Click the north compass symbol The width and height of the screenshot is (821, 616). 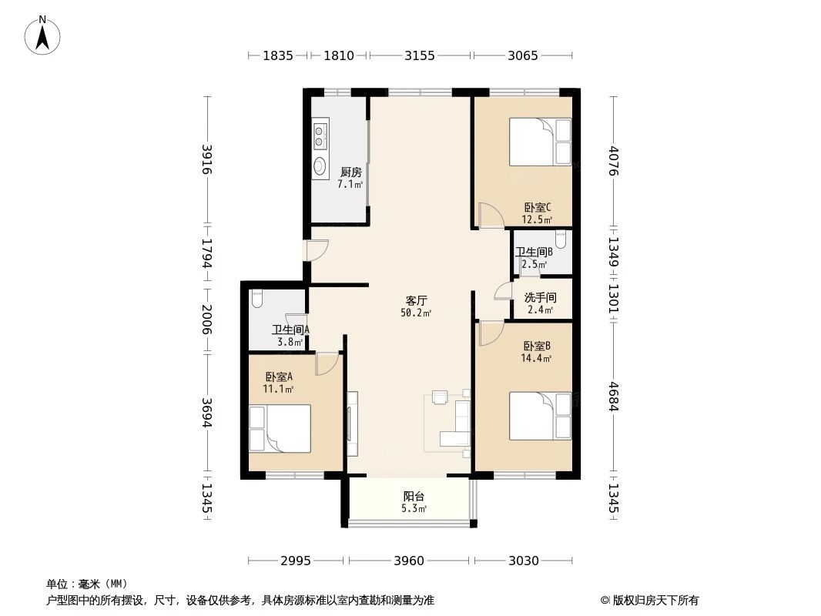point(44,34)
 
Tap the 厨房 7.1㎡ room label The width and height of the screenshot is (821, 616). point(350,179)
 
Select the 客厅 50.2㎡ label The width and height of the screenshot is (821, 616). point(417,306)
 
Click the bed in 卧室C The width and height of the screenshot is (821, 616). point(540,142)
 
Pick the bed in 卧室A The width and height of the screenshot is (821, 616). point(280,428)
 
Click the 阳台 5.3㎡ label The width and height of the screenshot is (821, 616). point(414,502)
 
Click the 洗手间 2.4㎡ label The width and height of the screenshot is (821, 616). point(540,303)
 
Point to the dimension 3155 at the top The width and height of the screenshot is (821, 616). point(420,55)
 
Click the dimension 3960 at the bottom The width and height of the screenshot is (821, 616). point(409,561)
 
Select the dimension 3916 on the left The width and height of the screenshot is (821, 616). point(206,159)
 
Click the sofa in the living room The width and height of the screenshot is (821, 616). point(461,420)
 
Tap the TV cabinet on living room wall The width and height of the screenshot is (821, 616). point(352,423)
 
